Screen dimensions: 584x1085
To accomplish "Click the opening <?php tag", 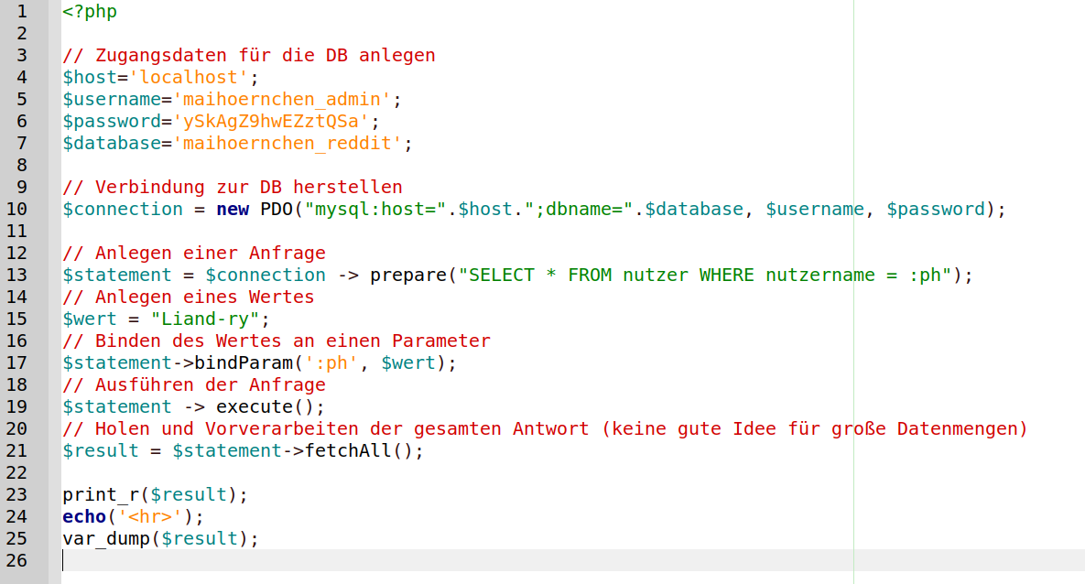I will pos(90,12).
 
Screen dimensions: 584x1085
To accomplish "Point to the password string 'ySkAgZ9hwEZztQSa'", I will pos(271,121).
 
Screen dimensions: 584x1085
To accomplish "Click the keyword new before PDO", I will pos(233,209).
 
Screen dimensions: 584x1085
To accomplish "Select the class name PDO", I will pos(277,209).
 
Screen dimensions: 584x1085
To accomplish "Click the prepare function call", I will pos(408,275).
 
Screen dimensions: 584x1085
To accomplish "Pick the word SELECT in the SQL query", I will pos(502,275).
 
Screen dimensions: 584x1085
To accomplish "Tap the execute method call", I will pos(255,406).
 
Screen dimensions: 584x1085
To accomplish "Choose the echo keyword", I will pos(84,516).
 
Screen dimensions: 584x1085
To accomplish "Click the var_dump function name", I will pos(106,538).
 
